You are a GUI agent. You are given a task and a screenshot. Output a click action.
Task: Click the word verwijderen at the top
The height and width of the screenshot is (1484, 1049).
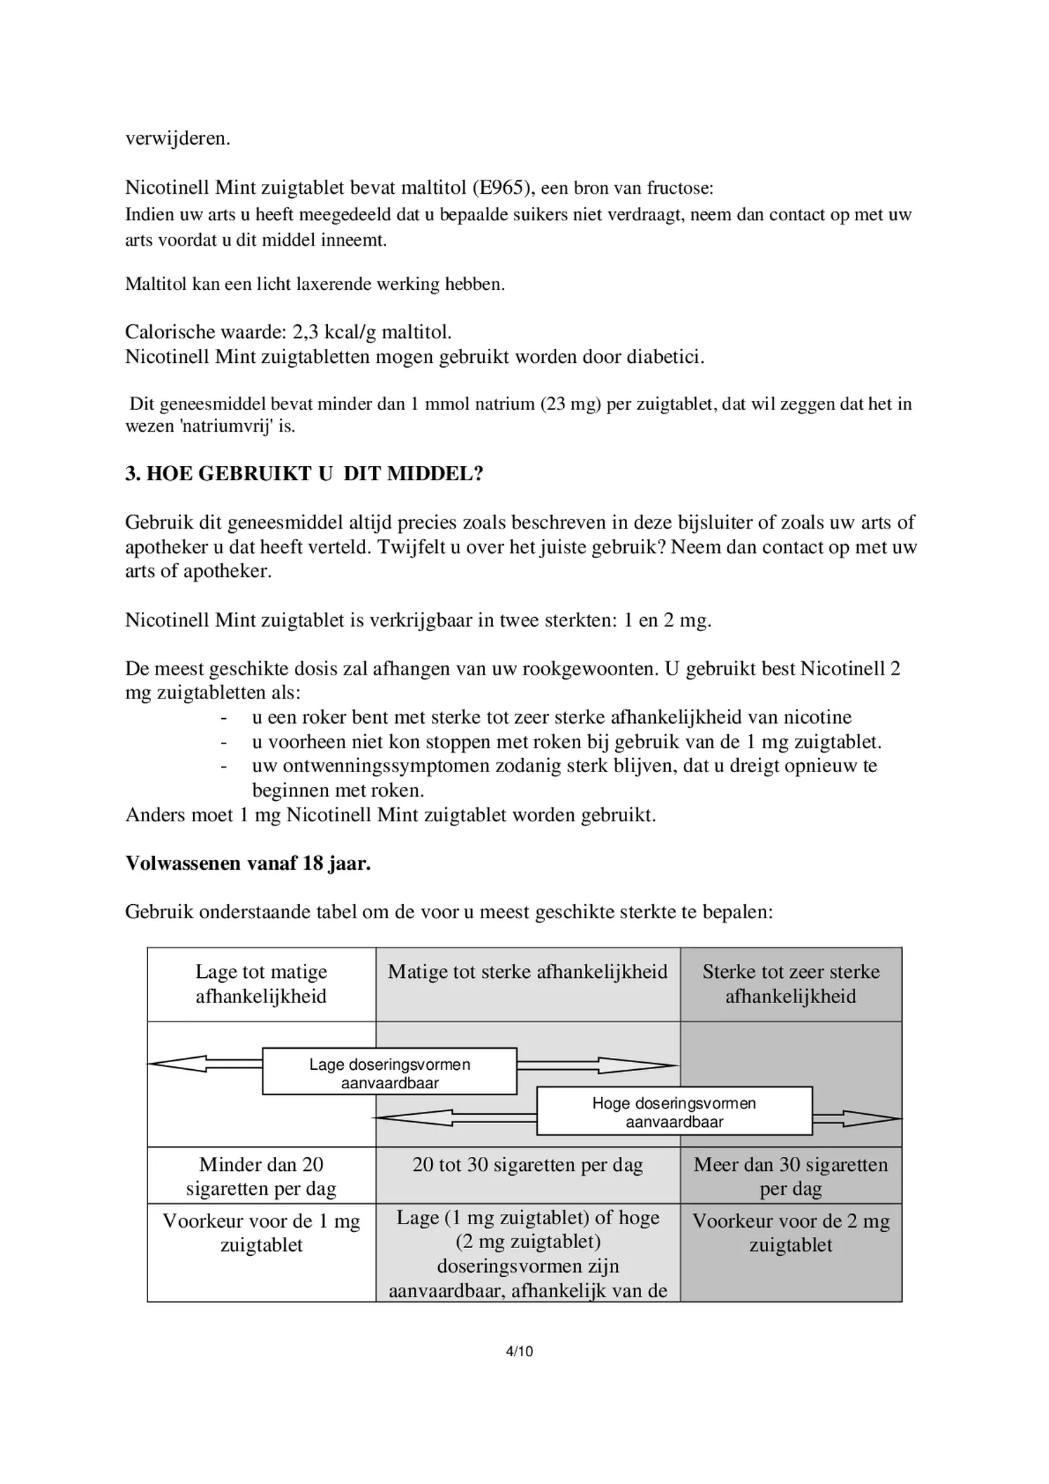click(x=177, y=138)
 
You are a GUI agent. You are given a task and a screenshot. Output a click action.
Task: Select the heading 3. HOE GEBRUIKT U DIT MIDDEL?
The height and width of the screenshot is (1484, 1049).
click(x=304, y=474)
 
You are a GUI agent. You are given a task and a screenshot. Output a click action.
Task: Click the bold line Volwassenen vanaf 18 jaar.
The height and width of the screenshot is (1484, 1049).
click(x=248, y=863)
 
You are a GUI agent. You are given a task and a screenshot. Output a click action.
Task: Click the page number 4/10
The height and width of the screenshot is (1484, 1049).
click(x=520, y=1351)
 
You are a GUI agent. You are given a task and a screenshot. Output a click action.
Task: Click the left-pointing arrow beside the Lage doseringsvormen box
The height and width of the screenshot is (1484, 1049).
click(x=204, y=1064)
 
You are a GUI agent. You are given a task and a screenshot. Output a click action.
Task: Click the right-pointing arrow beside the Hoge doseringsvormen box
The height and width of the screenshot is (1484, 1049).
click(x=857, y=1118)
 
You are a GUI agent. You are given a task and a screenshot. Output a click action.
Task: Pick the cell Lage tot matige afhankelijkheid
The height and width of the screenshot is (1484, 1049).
click(x=261, y=984)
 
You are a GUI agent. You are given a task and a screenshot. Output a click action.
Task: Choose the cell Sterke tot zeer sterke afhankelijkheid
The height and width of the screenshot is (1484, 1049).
click(x=791, y=984)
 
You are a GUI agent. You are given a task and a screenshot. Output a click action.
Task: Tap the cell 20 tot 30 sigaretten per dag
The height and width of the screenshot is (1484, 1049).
click(x=527, y=1165)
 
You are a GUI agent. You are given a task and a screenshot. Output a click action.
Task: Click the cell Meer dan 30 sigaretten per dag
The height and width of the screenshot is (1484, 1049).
click(x=791, y=1177)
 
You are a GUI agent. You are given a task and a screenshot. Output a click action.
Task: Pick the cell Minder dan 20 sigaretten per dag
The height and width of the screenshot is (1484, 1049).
click(x=261, y=1177)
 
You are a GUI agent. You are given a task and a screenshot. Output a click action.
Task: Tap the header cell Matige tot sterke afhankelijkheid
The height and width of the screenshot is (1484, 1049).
click(x=527, y=972)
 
